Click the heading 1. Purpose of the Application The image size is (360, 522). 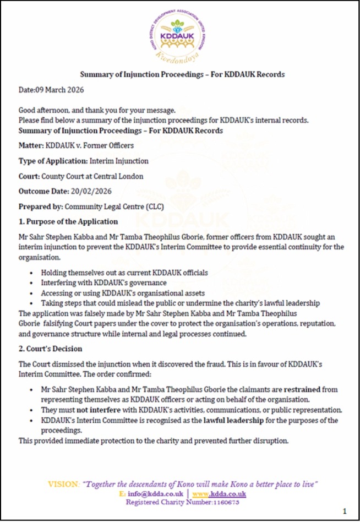coord(68,221)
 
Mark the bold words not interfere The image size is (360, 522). coord(95,410)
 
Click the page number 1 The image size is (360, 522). coord(345,511)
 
